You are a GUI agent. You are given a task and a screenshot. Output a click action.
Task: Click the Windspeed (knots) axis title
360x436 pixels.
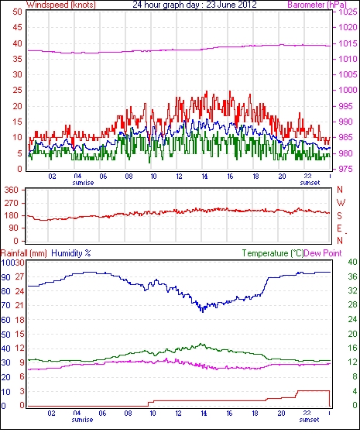[61, 5]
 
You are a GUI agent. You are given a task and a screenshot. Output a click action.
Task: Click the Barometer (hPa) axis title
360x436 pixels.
[317, 5]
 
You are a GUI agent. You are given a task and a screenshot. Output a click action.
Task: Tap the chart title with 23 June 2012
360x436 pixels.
[194, 5]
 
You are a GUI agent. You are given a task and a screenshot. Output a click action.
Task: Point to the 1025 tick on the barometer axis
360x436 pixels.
[348, 12]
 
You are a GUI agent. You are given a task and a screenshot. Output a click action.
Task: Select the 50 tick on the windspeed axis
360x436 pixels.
[17, 12]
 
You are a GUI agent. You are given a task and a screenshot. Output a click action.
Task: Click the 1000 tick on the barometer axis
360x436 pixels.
[348, 90]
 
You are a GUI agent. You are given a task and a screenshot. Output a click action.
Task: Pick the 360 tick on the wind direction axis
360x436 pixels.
[11, 191]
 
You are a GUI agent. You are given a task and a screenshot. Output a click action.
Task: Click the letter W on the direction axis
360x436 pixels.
[341, 203]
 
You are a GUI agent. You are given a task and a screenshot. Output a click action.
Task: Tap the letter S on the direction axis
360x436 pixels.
[339, 215]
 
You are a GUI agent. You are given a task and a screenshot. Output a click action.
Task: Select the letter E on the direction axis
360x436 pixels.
[339, 228]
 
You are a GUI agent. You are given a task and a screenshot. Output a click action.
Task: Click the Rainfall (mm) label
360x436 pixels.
[24, 253]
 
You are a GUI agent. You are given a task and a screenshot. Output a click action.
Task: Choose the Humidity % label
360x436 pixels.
[71, 253]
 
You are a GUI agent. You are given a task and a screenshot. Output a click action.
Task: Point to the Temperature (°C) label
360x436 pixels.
[273, 253]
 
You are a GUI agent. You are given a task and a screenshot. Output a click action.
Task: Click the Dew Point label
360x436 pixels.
[323, 253]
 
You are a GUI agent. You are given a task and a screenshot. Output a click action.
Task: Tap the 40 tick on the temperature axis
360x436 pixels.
[352, 262]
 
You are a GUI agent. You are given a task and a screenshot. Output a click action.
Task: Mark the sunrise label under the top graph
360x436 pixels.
[83, 183]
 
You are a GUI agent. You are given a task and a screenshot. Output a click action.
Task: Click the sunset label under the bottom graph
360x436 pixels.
[309, 420]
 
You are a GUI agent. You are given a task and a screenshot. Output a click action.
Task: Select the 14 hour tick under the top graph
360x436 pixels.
[204, 177]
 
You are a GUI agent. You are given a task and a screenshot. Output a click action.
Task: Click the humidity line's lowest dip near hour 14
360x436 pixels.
[203, 312]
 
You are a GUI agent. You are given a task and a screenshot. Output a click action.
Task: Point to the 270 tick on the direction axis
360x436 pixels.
[11, 203]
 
